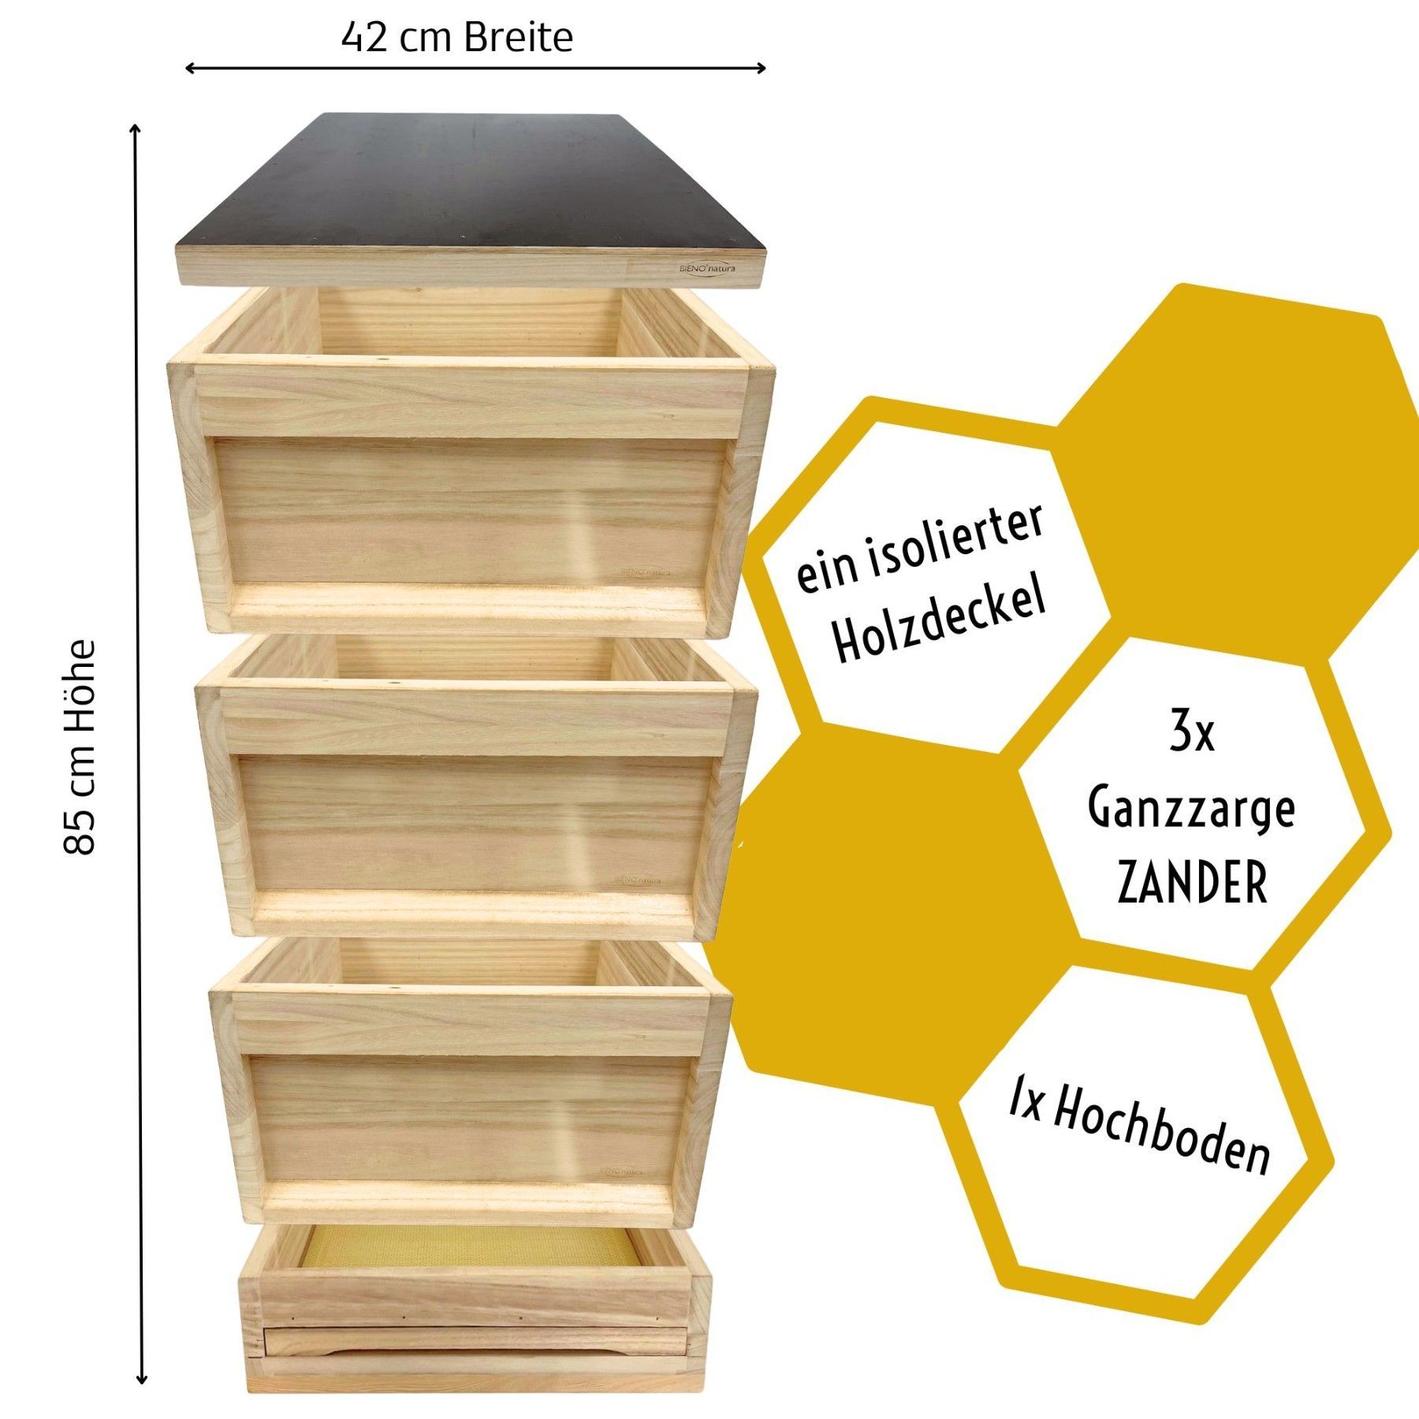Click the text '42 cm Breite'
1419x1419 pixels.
tap(456, 37)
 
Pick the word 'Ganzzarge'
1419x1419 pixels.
tap(1191, 810)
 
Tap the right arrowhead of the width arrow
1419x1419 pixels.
tap(762, 69)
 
